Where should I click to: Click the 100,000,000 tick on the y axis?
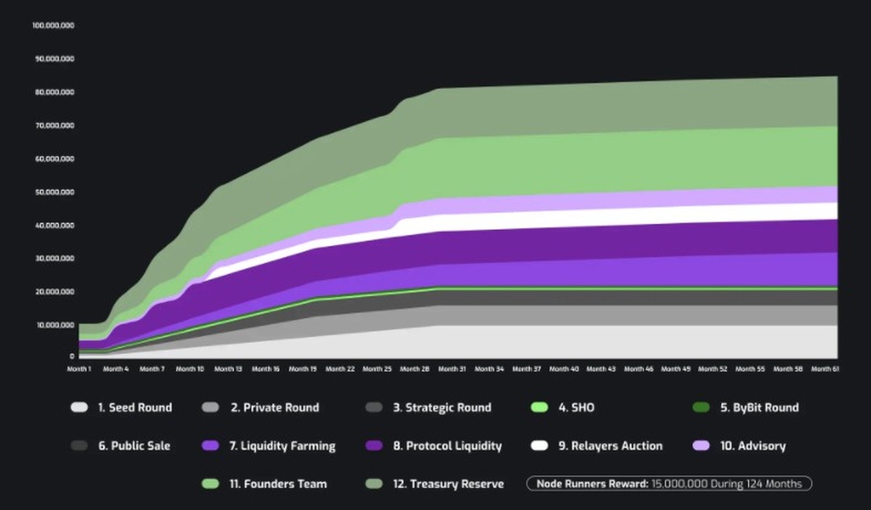pyautogui.click(x=54, y=25)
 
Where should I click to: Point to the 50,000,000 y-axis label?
pyautogui.click(x=54, y=192)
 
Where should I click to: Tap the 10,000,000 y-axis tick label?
pyautogui.click(x=54, y=324)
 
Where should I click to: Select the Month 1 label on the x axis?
pyautogui.click(x=79, y=369)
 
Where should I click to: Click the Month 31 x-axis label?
pyautogui.click(x=452, y=369)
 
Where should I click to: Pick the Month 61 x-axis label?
pyautogui.click(x=825, y=369)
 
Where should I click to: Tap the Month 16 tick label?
pyautogui.click(x=266, y=369)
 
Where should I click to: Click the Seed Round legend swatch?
pyautogui.click(x=79, y=408)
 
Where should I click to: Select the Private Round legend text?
pyautogui.click(x=274, y=408)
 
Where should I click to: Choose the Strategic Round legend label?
pyautogui.click(x=442, y=408)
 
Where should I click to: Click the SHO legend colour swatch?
pyautogui.click(x=539, y=408)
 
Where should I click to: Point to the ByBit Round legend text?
pyautogui.click(x=759, y=408)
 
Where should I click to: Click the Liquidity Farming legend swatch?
pyautogui.click(x=210, y=445)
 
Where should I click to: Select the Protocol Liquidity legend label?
pyautogui.click(x=447, y=445)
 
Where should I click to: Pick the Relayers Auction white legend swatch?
pyautogui.click(x=539, y=445)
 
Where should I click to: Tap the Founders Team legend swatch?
pyautogui.click(x=210, y=483)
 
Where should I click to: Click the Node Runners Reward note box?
pyautogui.click(x=668, y=483)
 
